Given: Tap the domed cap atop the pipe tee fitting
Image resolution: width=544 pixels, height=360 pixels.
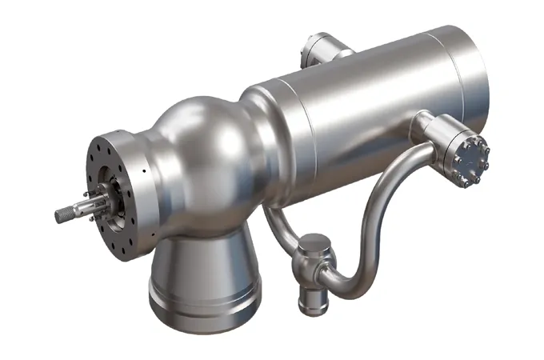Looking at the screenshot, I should (x=313, y=243).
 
